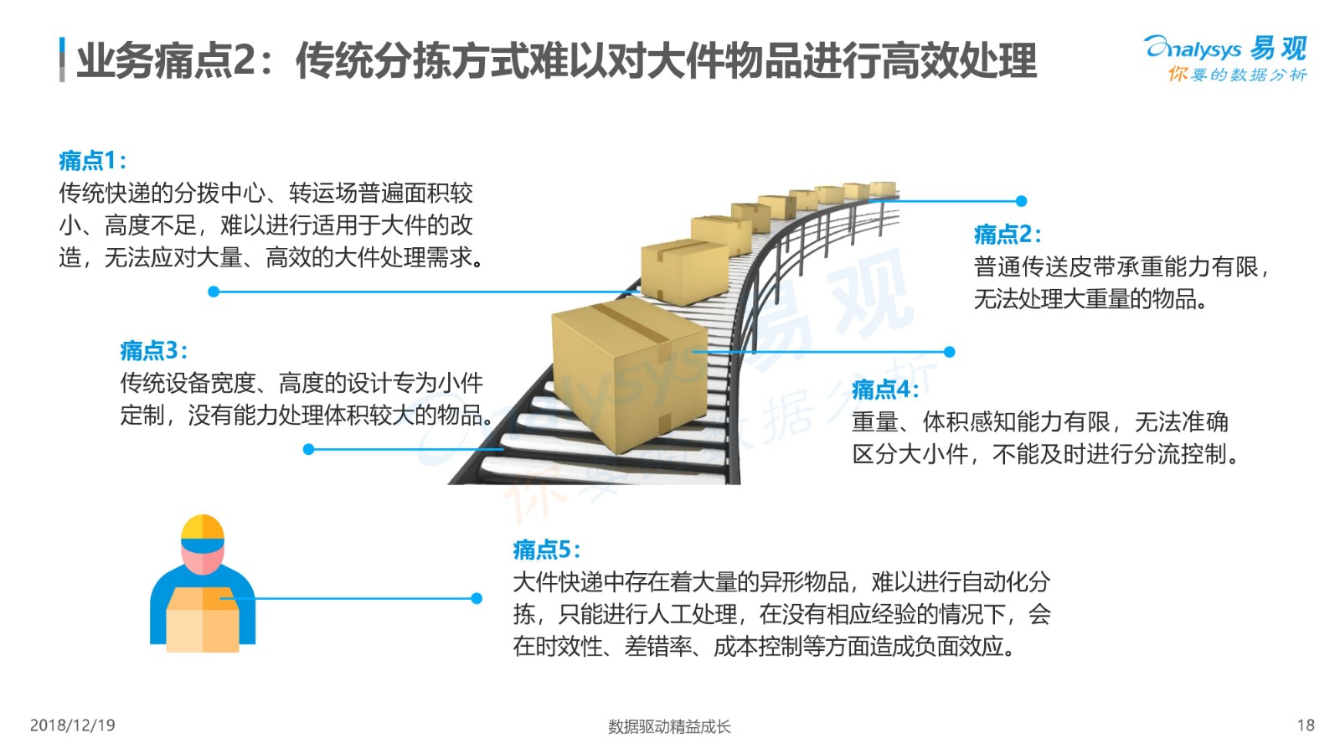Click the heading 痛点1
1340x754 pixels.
click(x=92, y=160)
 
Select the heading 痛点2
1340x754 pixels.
click(x=1008, y=235)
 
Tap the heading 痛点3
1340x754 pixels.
click(x=154, y=351)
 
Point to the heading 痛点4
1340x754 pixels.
click(x=885, y=390)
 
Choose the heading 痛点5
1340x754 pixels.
click(x=546, y=550)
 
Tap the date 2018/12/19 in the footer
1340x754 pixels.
click(x=72, y=726)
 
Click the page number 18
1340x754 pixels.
click(x=1306, y=726)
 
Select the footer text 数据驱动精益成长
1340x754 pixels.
click(x=669, y=726)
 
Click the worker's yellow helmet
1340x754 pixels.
click(x=202, y=527)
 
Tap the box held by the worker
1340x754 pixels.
click(x=203, y=619)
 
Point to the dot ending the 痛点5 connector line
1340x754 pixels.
click(x=477, y=598)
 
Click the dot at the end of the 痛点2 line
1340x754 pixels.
click(x=1022, y=201)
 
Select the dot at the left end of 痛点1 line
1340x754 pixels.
click(x=214, y=292)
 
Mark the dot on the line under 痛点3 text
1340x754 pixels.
click(x=309, y=449)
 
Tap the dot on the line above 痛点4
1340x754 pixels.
click(x=950, y=352)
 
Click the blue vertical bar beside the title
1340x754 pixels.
click(x=62, y=59)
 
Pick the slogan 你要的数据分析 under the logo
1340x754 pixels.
click(x=1237, y=75)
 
